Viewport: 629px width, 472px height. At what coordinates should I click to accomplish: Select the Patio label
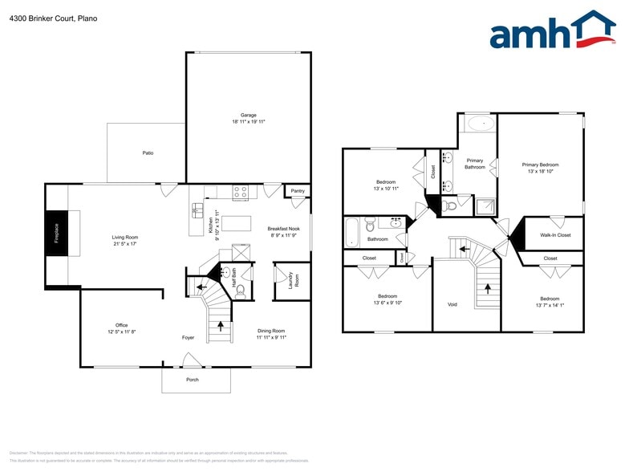[148, 153]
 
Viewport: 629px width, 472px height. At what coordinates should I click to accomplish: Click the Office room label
[122, 325]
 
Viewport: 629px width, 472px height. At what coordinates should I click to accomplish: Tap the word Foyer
[188, 338]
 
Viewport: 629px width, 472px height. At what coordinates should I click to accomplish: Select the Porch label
[193, 380]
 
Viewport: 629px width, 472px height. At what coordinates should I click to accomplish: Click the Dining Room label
[271, 331]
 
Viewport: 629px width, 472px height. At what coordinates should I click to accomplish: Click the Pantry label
[298, 191]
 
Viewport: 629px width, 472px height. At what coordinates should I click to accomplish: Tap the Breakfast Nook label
[282, 229]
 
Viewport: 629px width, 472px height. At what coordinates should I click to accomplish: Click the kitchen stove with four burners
[240, 193]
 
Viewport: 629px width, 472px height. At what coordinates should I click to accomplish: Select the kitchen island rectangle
[236, 222]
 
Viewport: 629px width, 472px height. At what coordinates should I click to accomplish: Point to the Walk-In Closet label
[555, 235]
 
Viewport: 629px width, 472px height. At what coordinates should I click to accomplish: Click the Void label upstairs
[452, 304]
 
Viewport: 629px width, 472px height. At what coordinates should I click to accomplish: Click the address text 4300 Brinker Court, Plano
[53, 18]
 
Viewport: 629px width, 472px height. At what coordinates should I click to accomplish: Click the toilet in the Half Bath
[241, 290]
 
